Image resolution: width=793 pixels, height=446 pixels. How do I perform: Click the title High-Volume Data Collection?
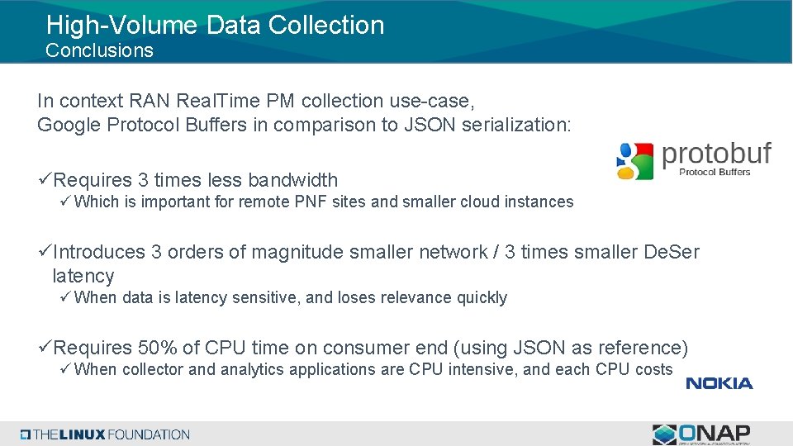[x=215, y=25]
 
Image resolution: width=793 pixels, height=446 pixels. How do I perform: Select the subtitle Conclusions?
[x=99, y=50]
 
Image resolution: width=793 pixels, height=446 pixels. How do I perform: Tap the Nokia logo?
[x=719, y=383]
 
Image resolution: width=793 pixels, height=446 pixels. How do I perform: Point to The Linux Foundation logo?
[x=106, y=434]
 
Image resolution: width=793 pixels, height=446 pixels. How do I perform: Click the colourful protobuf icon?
[x=634, y=160]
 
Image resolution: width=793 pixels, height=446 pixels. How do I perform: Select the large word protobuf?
[x=716, y=154]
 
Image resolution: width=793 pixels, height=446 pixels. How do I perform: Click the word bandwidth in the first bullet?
[x=292, y=180]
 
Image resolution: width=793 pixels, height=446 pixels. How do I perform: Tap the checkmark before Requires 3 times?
[x=45, y=180]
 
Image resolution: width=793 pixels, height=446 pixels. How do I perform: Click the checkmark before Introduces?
[x=45, y=252]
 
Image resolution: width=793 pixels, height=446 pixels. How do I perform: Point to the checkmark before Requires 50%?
[x=45, y=348]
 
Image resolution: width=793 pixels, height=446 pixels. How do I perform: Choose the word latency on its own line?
[x=83, y=276]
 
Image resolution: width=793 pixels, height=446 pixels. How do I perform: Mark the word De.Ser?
[x=671, y=252]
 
